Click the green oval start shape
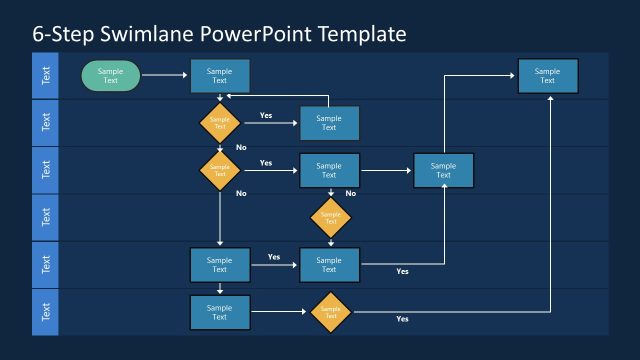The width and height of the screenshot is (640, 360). click(x=111, y=75)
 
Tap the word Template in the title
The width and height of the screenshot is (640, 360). click(x=361, y=34)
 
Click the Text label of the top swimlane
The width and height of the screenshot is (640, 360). click(x=45, y=75)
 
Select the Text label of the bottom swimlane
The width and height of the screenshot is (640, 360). click(x=45, y=312)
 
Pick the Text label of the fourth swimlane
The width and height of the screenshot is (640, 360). click(x=45, y=217)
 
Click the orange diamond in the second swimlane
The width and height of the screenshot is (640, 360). click(x=220, y=123)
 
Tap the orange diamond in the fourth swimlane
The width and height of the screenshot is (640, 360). click(x=330, y=217)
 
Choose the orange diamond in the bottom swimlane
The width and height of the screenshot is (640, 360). click(x=330, y=312)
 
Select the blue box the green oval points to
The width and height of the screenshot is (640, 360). click(x=220, y=76)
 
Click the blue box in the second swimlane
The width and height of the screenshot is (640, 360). click(x=329, y=123)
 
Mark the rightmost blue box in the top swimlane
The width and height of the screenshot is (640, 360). click(x=547, y=76)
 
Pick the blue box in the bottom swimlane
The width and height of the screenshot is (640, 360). click(x=220, y=312)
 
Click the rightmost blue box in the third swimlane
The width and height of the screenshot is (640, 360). click(x=443, y=170)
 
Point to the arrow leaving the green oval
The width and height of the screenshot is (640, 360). click(x=165, y=75)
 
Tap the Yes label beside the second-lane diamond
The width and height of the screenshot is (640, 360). click(x=266, y=115)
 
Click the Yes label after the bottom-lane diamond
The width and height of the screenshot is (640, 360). click(x=402, y=319)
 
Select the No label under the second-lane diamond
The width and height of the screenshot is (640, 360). click(x=241, y=147)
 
